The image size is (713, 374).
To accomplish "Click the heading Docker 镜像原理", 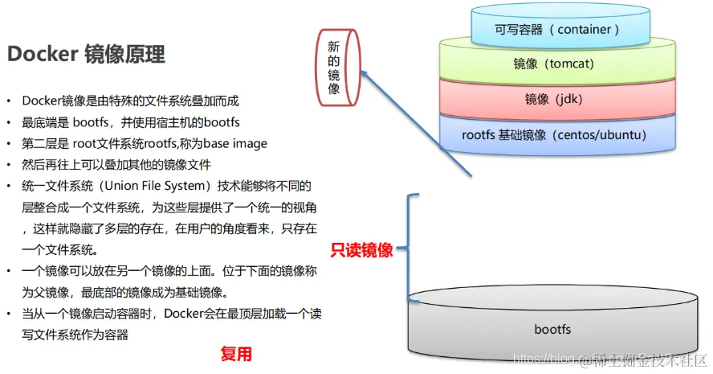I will pyautogui.click(x=86, y=55).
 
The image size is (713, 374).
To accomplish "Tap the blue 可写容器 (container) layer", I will pyautogui.click(x=556, y=30).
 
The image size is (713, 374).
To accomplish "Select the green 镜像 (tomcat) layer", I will pyautogui.click(x=553, y=64).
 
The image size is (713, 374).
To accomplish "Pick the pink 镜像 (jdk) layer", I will pyautogui.click(x=553, y=99).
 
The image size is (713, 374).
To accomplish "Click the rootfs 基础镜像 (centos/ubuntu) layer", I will pyautogui.click(x=553, y=134).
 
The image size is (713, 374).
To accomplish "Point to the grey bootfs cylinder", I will pyautogui.click(x=552, y=328).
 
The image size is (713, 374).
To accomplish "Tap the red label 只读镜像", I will pyautogui.click(x=362, y=250).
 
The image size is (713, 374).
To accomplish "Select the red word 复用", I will pyautogui.click(x=237, y=353).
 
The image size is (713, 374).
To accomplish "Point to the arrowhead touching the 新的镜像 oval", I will pyautogui.click(x=362, y=73).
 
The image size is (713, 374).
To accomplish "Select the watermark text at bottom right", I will pyautogui.click(x=611, y=356).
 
